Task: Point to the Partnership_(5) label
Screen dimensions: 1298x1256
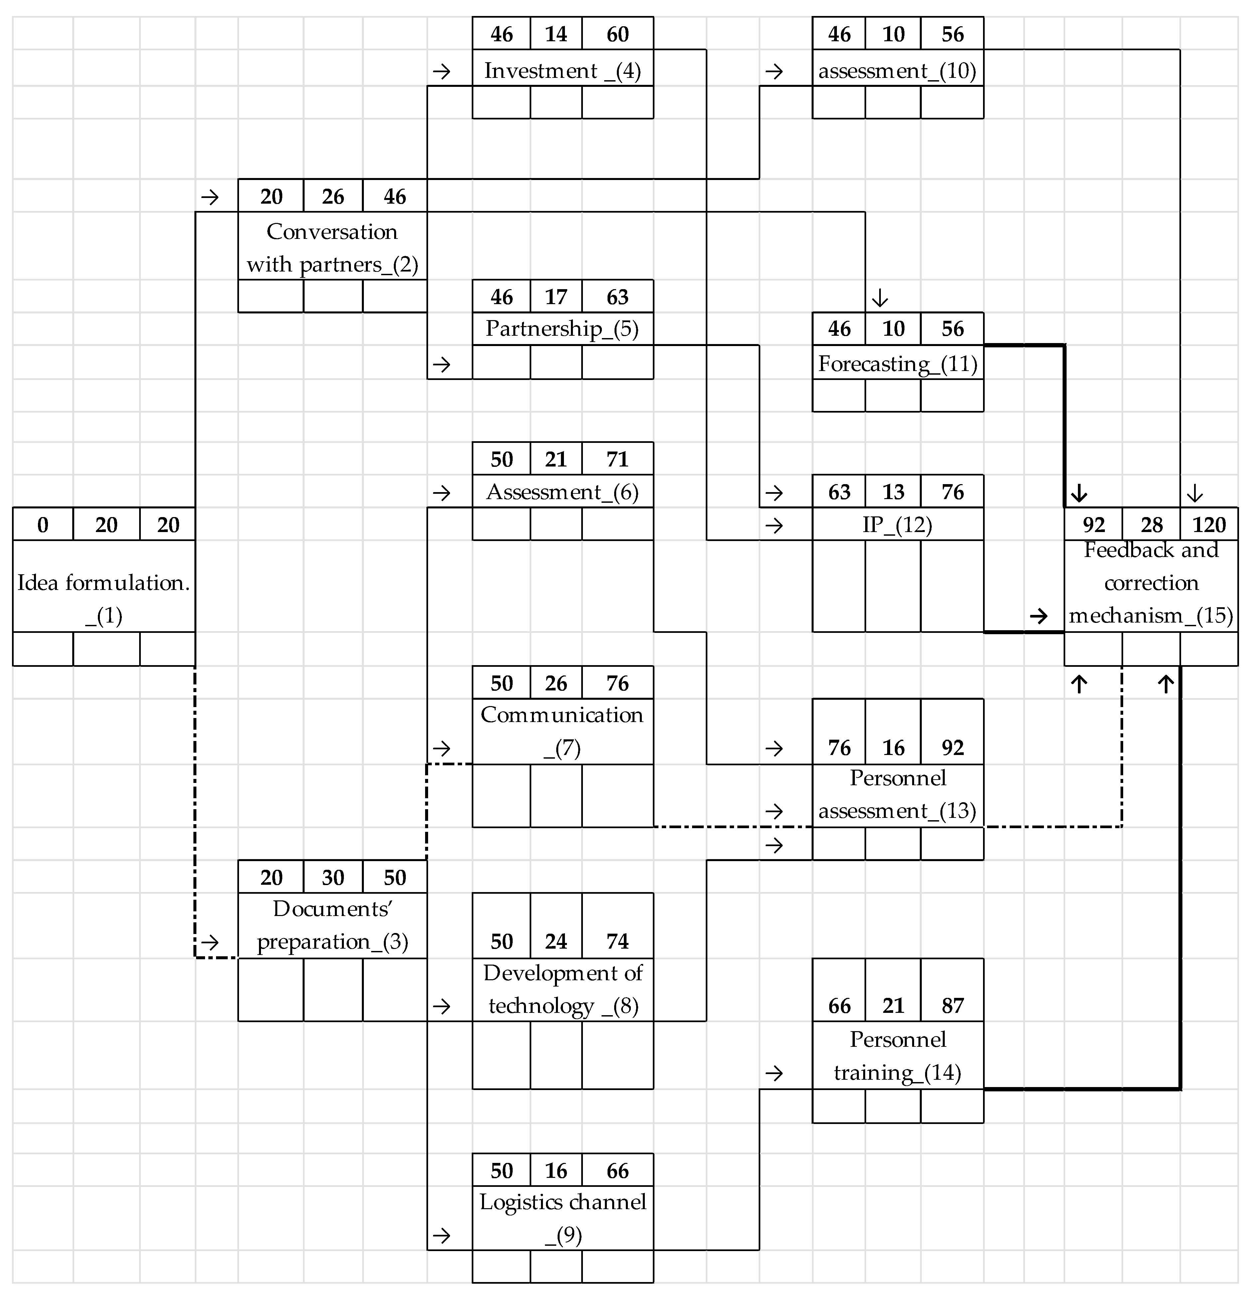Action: tap(562, 328)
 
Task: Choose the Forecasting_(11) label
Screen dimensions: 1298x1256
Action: tap(897, 364)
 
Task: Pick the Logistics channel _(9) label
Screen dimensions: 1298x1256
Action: tap(562, 1218)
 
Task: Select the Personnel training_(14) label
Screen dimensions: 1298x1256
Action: tap(897, 1056)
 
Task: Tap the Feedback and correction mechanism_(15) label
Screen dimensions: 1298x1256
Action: tap(1151, 583)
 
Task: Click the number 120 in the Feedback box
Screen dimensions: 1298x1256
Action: tap(1209, 524)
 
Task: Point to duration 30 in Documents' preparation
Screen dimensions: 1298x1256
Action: tap(333, 877)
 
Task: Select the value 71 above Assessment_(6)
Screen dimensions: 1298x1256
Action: tap(618, 459)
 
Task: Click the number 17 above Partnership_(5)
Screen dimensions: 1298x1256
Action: tap(556, 297)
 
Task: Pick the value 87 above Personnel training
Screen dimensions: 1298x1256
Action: tap(952, 1006)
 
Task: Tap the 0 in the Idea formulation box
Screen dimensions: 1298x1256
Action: tap(42, 524)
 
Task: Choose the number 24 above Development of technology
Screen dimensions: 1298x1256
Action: tap(556, 941)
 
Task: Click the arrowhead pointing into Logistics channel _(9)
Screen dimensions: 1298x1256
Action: tap(441, 1235)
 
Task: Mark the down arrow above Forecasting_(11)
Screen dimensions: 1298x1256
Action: tap(880, 299)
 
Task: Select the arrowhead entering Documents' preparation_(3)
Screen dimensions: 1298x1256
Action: tap(210, 941)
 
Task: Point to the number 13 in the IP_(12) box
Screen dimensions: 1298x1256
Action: tap(893, 492)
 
